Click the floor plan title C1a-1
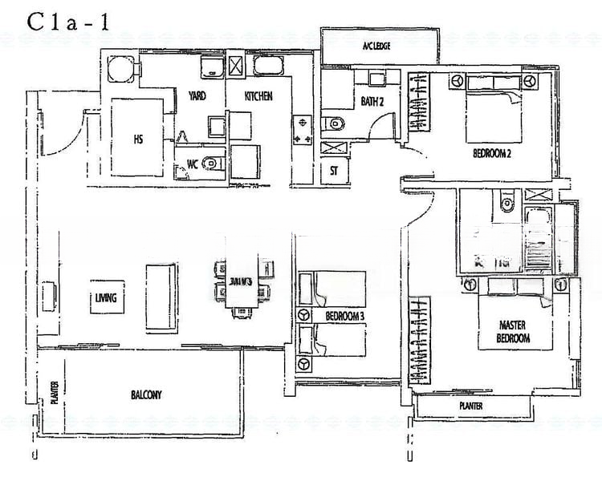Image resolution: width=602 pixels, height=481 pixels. coord(69,22)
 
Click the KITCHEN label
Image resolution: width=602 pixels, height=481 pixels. coord(258,96)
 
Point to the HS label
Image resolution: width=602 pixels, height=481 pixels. coord(138,138)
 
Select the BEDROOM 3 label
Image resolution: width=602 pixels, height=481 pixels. coord(345,317)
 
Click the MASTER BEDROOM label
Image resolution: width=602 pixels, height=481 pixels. coord(513,332)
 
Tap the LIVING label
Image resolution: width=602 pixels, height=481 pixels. coord(105,298)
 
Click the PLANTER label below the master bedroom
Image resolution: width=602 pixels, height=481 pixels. coord(470,406)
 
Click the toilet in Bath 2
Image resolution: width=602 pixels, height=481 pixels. coord(335,123)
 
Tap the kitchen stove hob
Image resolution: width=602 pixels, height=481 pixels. coord(304,131)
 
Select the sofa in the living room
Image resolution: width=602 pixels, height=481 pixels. coord(159,295)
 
